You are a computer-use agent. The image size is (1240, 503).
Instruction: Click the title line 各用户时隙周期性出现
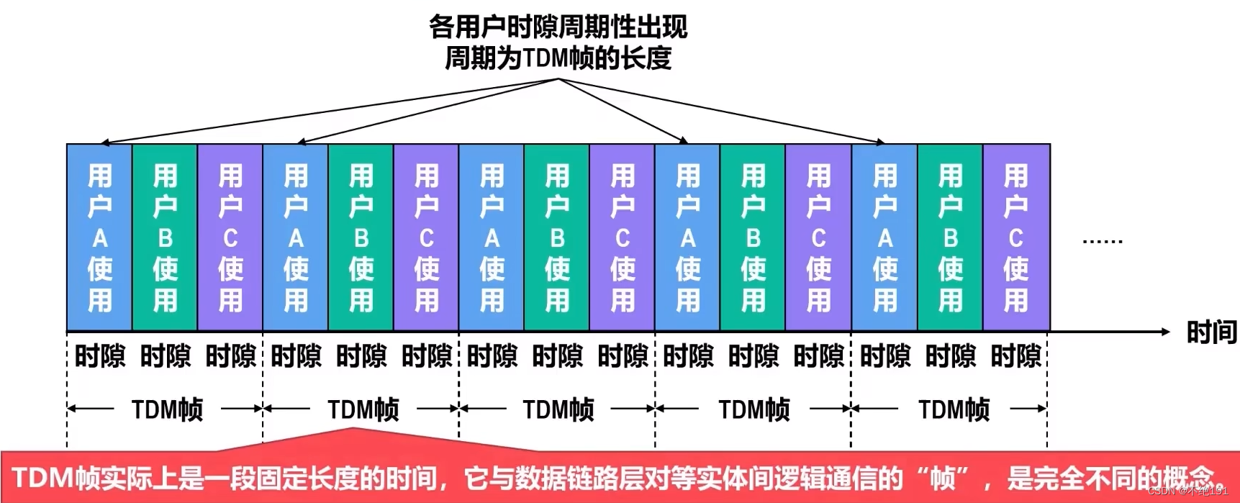(x=558, y=27)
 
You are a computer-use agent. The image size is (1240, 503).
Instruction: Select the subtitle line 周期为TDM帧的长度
(x=558, y=58)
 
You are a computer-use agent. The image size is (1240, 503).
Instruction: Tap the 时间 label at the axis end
(x=1211, y=332)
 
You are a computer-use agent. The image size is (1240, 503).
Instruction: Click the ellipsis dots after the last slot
(x=1102, y=242)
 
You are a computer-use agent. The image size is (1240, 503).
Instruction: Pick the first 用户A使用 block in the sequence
(x=99, y=237)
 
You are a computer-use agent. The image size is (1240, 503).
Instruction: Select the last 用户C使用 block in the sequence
(x=1015, y=237)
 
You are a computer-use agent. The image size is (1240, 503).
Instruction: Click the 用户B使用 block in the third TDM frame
(x=557, y=237)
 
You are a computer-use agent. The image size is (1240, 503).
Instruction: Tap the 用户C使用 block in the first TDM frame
(x=230, y=237)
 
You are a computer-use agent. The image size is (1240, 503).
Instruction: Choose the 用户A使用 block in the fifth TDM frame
(x=884, y=237)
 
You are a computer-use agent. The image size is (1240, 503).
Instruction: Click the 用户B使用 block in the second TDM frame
(x=361, y=237)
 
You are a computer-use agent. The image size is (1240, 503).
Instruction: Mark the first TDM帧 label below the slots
(x=167, y=409)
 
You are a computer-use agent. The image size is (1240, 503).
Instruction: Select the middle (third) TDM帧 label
(x=558, y=409)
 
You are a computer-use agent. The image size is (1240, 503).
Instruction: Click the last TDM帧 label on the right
(x=954, y=409)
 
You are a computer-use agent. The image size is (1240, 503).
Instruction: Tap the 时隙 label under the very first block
(x=99, y=356)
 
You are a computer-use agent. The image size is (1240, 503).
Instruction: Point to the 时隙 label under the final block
(x=1015, y=356)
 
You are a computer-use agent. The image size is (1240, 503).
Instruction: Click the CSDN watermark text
(x=1187, y=491)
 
